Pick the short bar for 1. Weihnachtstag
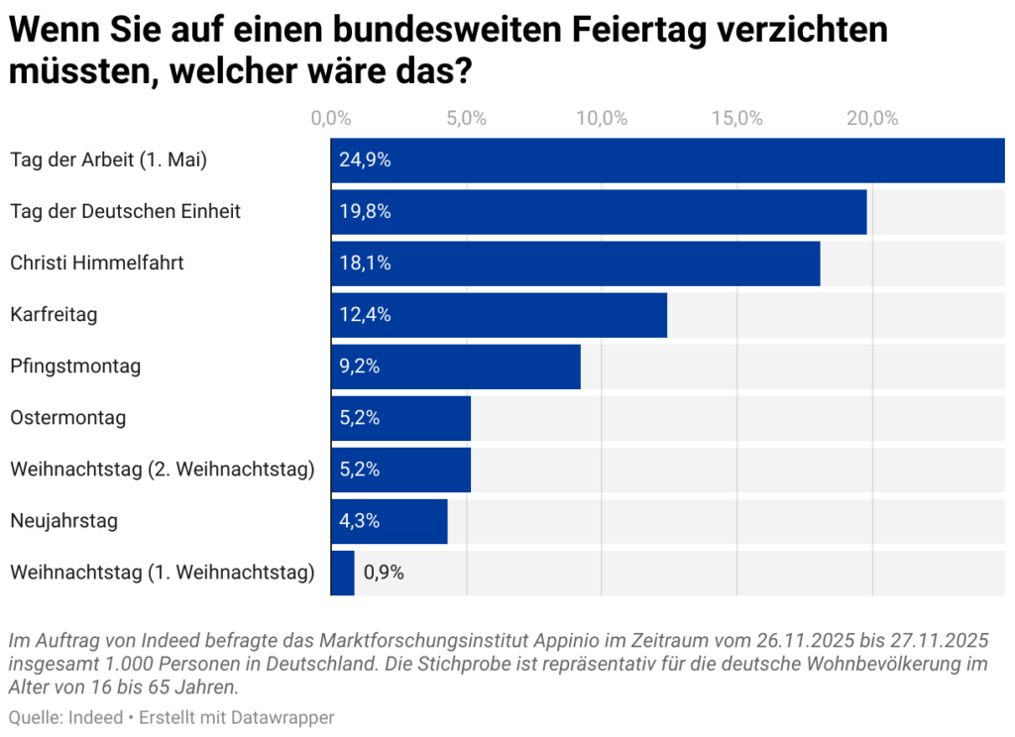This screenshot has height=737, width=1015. tap(342, 573)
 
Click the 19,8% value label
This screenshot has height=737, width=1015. tap(365, 212)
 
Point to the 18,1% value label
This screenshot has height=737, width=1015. tap(365, 263)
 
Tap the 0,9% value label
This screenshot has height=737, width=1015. tap(384, 573)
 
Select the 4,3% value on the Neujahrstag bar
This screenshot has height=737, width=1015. tap(360, 521)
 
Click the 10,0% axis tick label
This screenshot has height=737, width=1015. tap(602, 119)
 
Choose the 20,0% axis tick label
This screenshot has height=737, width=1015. tap(872, 119)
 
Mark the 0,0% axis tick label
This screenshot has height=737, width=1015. tap(331, 119)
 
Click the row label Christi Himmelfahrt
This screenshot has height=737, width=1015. tap(97, 263)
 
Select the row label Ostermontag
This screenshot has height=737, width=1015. tap(68, 418)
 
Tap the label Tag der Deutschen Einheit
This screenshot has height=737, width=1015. tap(126, 212)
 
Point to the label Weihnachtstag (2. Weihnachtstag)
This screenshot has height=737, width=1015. tap(163, 470)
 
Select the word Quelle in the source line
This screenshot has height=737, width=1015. tap(32, 717)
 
